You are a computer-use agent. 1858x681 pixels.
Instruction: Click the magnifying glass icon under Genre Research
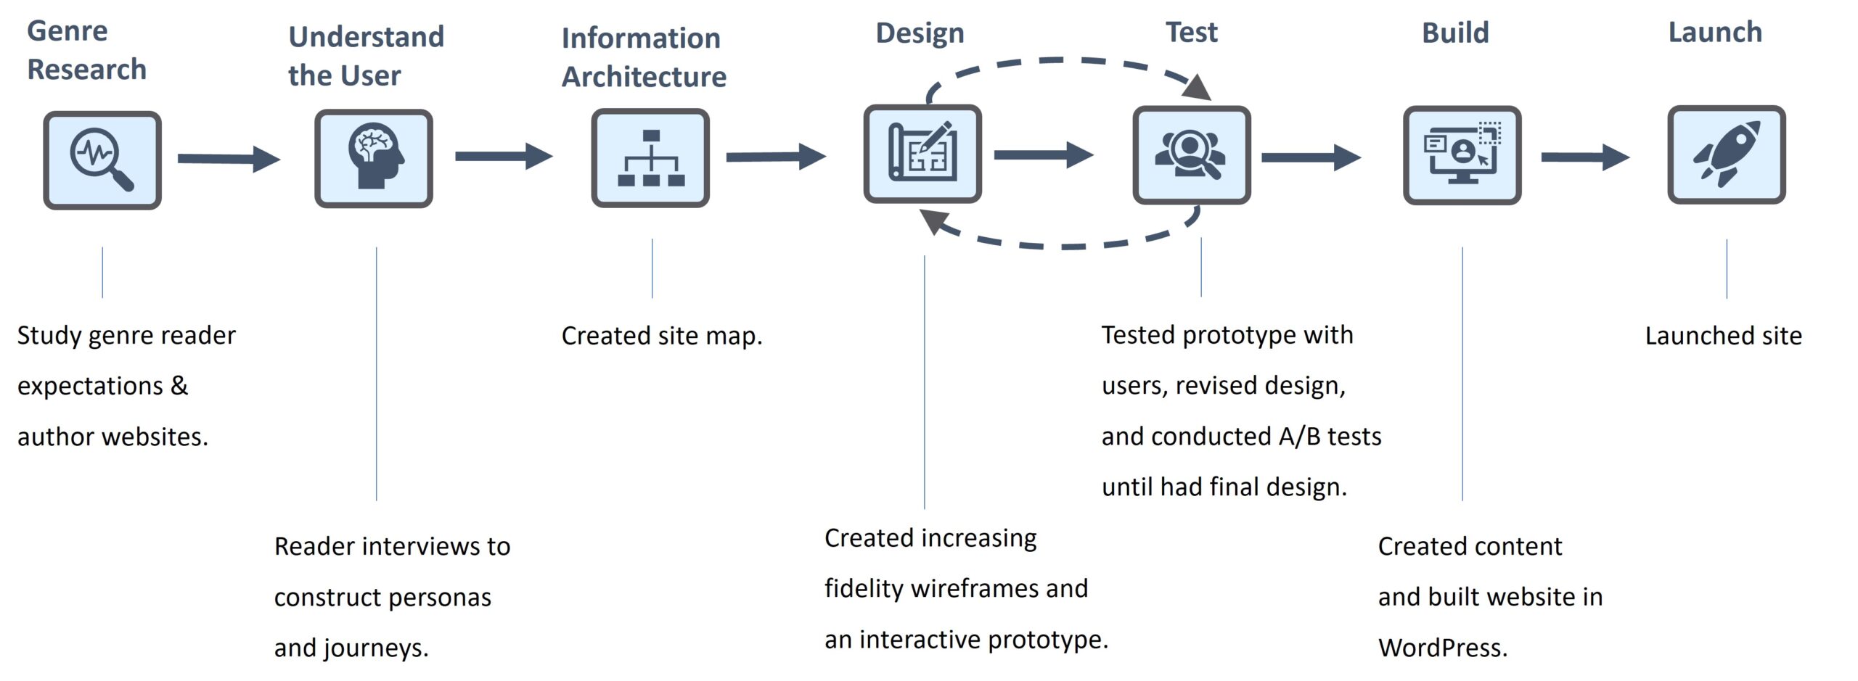pyautogui.click(x=102, y=160)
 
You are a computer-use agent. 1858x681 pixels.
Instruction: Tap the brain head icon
pyautogui.click(x=374, y=159)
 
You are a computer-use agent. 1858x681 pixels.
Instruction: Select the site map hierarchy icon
pyautogui.click(x=650, y=158)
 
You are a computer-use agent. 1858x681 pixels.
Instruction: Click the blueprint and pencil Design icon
pyautogui.click(x=922, y=154)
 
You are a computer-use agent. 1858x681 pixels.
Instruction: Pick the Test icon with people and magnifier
pyautogui.click(x=1192, y=154)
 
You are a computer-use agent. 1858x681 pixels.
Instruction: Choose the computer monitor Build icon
pyautogui.click(x=1462, y=155)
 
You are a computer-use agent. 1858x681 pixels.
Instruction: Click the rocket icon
pyautogui.click(x=1727, y=154)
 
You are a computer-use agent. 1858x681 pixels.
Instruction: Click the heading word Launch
pyautogui.click(x=1715, y=33)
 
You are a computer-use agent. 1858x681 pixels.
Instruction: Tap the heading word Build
pyautogui.click(x=1455, y=33)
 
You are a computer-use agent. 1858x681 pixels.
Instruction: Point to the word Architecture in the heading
pyautogui.click(x=644, y=77)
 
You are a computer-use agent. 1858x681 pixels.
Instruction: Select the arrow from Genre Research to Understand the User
pyautogui.click(x=229, y=159)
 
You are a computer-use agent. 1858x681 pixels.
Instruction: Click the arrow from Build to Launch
pyautogui.click(x=1585, y=157)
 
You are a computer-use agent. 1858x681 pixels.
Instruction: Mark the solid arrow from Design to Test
pyautogui.click(x=1043, y=154)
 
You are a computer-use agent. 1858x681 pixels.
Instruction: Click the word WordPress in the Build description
pyautogui.click(x=1442, y=648)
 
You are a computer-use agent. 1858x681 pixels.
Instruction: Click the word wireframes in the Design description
pyautogui.click(x=975, y=589)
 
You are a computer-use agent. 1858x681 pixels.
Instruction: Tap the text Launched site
pyautogui.click(x=1723, y=336)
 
